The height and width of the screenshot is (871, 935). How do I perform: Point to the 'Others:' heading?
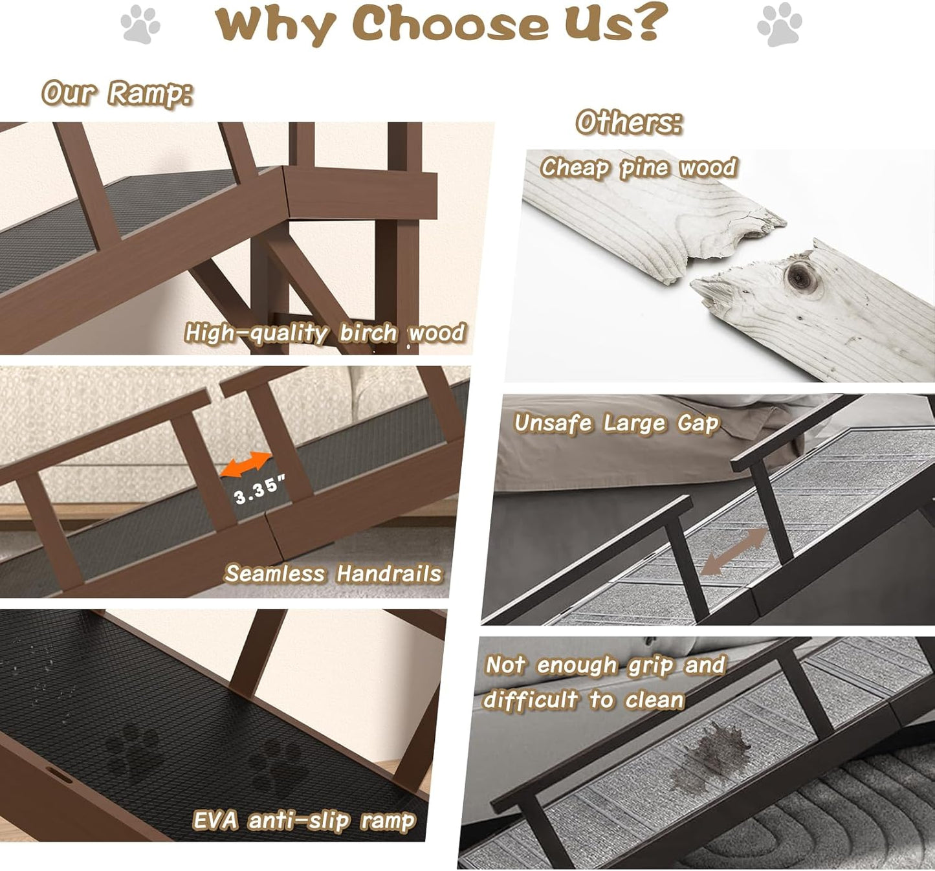(x=629, y=122)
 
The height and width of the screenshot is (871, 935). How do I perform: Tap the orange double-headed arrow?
(x=246, y=464)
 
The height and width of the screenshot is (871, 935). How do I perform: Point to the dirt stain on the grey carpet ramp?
(x=712, y=754)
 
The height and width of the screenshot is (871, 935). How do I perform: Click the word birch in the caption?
(x=368, y=333)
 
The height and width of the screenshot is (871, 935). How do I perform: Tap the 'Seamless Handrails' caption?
(x=333, y=574)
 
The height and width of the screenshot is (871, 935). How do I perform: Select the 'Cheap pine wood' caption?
(x=639, y=168)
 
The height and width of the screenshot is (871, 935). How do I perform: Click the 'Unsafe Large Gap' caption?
(x=617, y=423)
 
